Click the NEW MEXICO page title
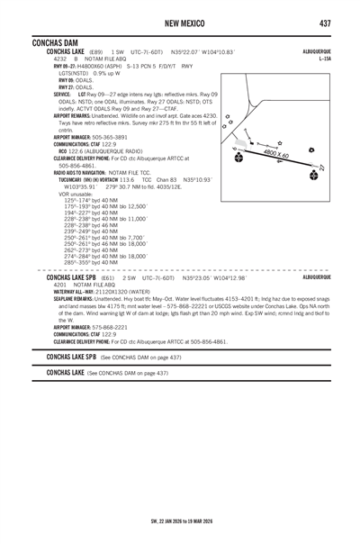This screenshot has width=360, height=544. (180, 22)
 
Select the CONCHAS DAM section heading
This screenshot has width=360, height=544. (55, 43)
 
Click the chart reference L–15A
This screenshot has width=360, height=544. (325, 59)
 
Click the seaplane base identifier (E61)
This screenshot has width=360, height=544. (107, 279)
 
